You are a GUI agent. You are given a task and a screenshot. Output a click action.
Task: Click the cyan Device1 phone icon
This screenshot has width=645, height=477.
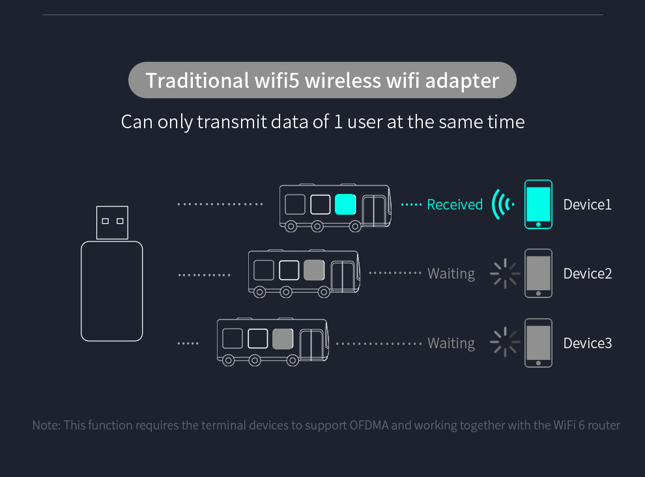pyautogui.click(x=539, y=204)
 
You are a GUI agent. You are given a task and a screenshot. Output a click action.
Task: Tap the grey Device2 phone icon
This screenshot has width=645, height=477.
pyautogui.click(x=539, y=273)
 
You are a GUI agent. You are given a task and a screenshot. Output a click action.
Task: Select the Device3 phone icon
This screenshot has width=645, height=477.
pyautogui.click(x=539, y=343)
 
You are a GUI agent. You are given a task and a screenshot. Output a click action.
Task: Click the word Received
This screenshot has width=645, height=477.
pyautogui.click(x=455, y=204)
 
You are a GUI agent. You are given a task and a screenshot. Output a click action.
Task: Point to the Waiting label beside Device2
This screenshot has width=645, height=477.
pyautogui.click(x=451, y=274)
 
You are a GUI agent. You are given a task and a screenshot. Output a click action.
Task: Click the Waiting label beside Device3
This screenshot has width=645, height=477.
pyautogui.click(x=451, y=344)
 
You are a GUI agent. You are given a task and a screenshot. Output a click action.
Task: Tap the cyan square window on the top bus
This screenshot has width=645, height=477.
pyautogui.click(x=345, y=204)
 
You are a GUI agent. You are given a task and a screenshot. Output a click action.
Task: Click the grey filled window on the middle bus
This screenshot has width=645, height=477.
pyautogui.click(x=314, y=270)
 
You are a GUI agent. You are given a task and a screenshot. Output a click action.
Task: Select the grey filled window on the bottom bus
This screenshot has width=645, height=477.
pyautogui.click(x=283, y=338)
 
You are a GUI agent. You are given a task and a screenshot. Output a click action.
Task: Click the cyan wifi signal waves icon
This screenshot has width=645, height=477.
pyautogui.click(x=502, y=204)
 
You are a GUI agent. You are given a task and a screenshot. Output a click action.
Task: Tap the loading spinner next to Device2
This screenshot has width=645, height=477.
pyautogui.click(x=505, y=273)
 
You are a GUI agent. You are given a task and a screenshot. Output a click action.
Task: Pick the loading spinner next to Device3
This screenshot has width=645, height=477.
pyautogui.click(x=505, y=343)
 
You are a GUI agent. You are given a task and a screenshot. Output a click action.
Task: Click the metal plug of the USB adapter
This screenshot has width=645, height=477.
pyautogui.click(x=112, y=223)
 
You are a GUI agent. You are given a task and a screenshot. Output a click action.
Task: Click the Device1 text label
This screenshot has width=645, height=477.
pyautogui.click(x=587, y=204)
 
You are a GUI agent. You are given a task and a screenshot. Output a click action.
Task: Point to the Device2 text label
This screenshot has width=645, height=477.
pyautogui.click(x=587, y=273)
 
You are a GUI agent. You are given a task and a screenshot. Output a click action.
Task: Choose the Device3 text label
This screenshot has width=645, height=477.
pyautogui.click(x=587, y=343)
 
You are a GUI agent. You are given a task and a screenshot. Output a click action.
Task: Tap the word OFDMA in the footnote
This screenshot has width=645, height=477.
pyautogui.click(x=369, y=426)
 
